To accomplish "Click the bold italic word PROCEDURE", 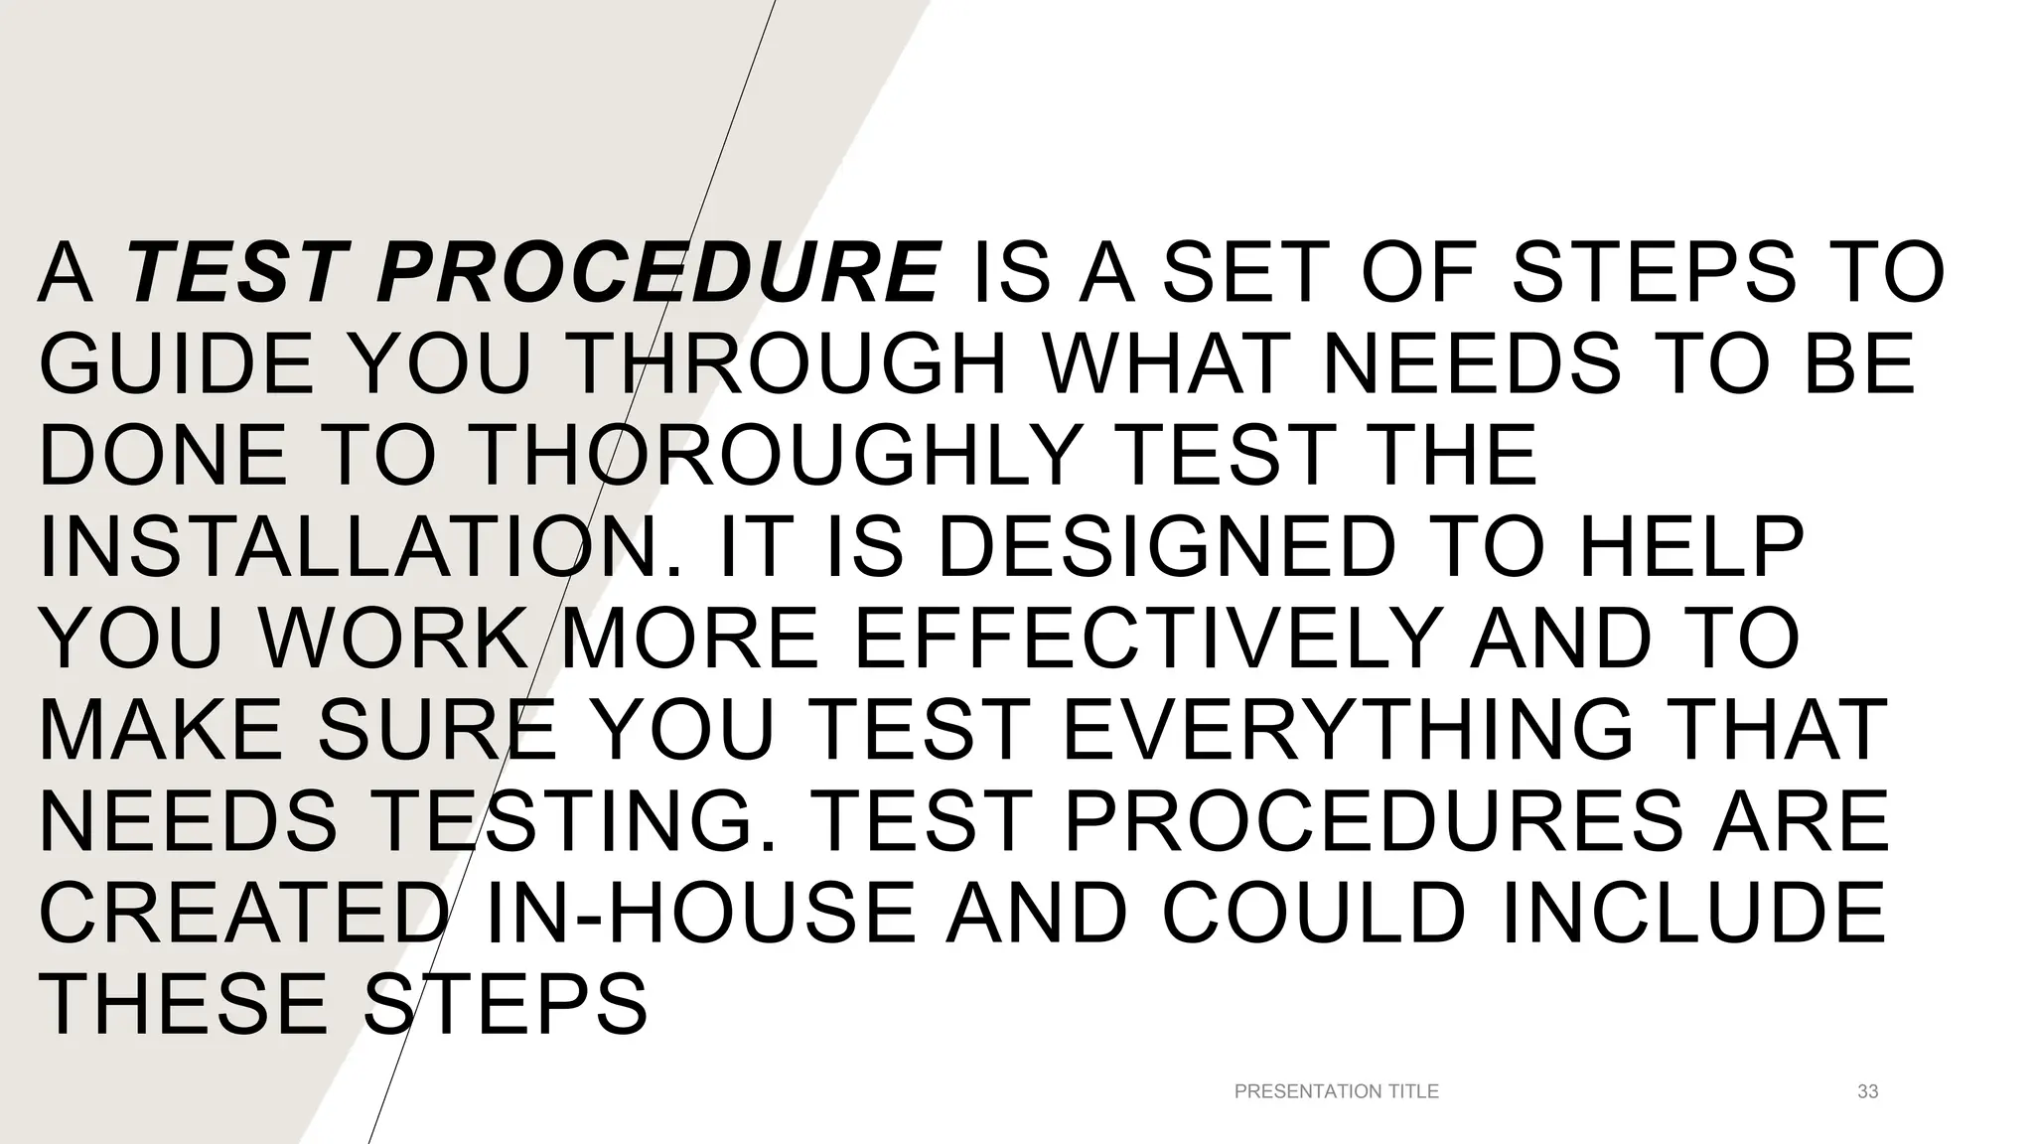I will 657,273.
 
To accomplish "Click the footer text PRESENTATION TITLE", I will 1336,1091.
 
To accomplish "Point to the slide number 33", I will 1867,1091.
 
